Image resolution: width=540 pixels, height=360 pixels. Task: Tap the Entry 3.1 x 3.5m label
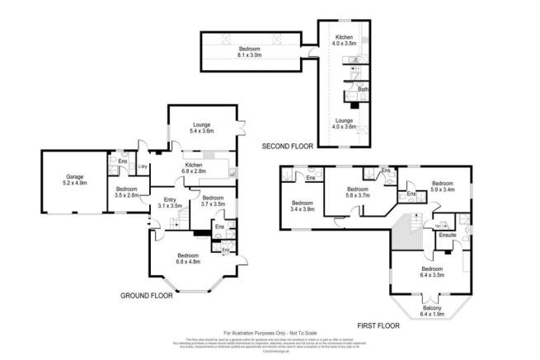tap(170, 202)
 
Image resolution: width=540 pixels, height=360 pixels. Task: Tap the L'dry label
tap(142, 168)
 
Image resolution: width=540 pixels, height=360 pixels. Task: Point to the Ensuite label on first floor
tap(447, 236)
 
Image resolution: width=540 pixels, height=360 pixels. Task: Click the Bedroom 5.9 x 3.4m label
tap(443, 186)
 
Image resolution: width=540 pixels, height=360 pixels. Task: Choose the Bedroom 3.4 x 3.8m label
tap(303, 206)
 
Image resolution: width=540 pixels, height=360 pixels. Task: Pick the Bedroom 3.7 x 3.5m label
tap(212, 200)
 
